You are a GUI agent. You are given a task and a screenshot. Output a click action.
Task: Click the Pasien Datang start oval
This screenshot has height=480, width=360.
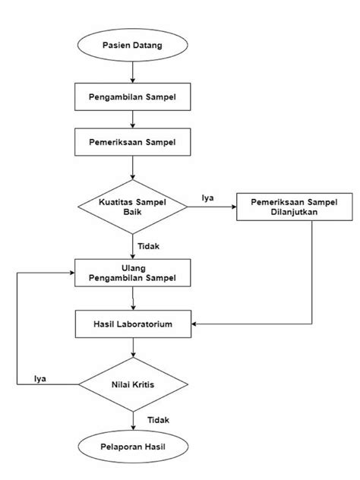point(133,46)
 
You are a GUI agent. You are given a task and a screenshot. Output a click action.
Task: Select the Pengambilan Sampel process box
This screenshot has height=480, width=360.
point(133,96)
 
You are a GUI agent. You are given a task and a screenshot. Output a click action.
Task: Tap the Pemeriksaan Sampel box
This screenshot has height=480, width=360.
point(133,141)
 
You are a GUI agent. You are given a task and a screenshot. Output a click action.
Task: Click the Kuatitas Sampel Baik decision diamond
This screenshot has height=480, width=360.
point(133,207)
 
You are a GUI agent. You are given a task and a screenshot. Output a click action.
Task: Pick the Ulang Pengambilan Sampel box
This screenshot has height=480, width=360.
point(133,273)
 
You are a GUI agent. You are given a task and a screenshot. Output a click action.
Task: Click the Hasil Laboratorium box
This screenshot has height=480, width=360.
point(133,324)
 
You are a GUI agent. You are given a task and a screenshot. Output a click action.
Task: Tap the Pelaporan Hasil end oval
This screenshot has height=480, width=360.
point(133,448)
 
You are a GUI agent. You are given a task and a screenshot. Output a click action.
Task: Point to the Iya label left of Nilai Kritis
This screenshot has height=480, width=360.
point(41,377)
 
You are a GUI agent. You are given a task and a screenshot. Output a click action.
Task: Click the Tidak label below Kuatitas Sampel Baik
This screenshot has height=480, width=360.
point(149,246)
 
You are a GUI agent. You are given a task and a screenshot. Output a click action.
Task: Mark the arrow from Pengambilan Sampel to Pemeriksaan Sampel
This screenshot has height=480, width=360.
point(133,118)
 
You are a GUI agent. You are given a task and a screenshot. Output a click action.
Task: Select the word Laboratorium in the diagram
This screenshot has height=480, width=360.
point(147,324)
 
